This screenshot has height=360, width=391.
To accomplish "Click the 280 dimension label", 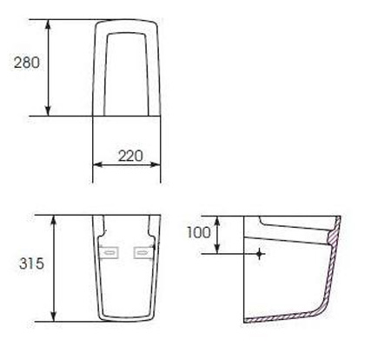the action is click(27, 63).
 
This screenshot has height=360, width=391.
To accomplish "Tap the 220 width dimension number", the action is click(130, 156).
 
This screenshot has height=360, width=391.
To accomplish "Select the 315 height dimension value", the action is click(31, 263).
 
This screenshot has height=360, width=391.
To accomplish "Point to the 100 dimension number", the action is click(199, 232).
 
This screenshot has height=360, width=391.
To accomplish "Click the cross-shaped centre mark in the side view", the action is click(260, 254).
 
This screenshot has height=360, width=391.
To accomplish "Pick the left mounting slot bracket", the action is click(109, 252).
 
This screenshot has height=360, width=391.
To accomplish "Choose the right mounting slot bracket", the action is click(142, 252).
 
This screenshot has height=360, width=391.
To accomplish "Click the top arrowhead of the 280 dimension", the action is click(49, 24).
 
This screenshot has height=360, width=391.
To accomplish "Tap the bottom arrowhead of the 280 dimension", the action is click(49, 111).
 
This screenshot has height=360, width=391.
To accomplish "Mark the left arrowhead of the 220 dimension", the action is click(97, 164).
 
